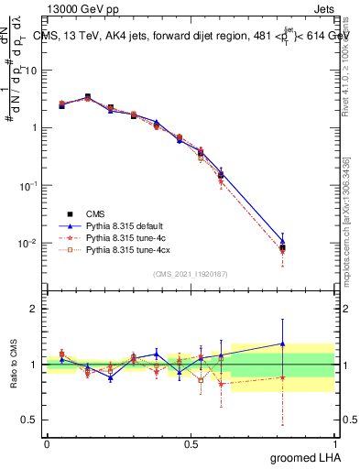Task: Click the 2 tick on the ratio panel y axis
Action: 34,309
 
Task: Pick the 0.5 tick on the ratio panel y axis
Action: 30,420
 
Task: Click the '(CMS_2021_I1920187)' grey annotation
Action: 190,273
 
